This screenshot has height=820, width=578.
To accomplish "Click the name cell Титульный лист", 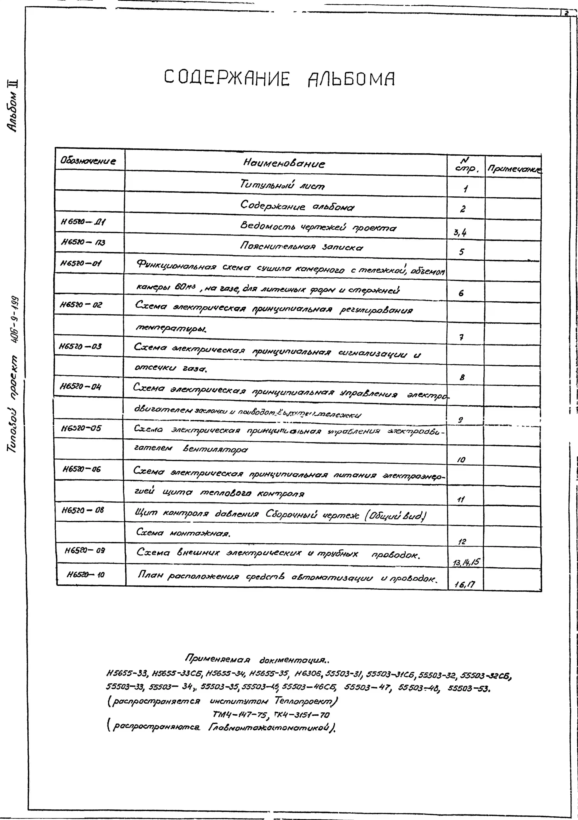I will pos(282,185).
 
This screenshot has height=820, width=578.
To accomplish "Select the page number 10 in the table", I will pos(461,460).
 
